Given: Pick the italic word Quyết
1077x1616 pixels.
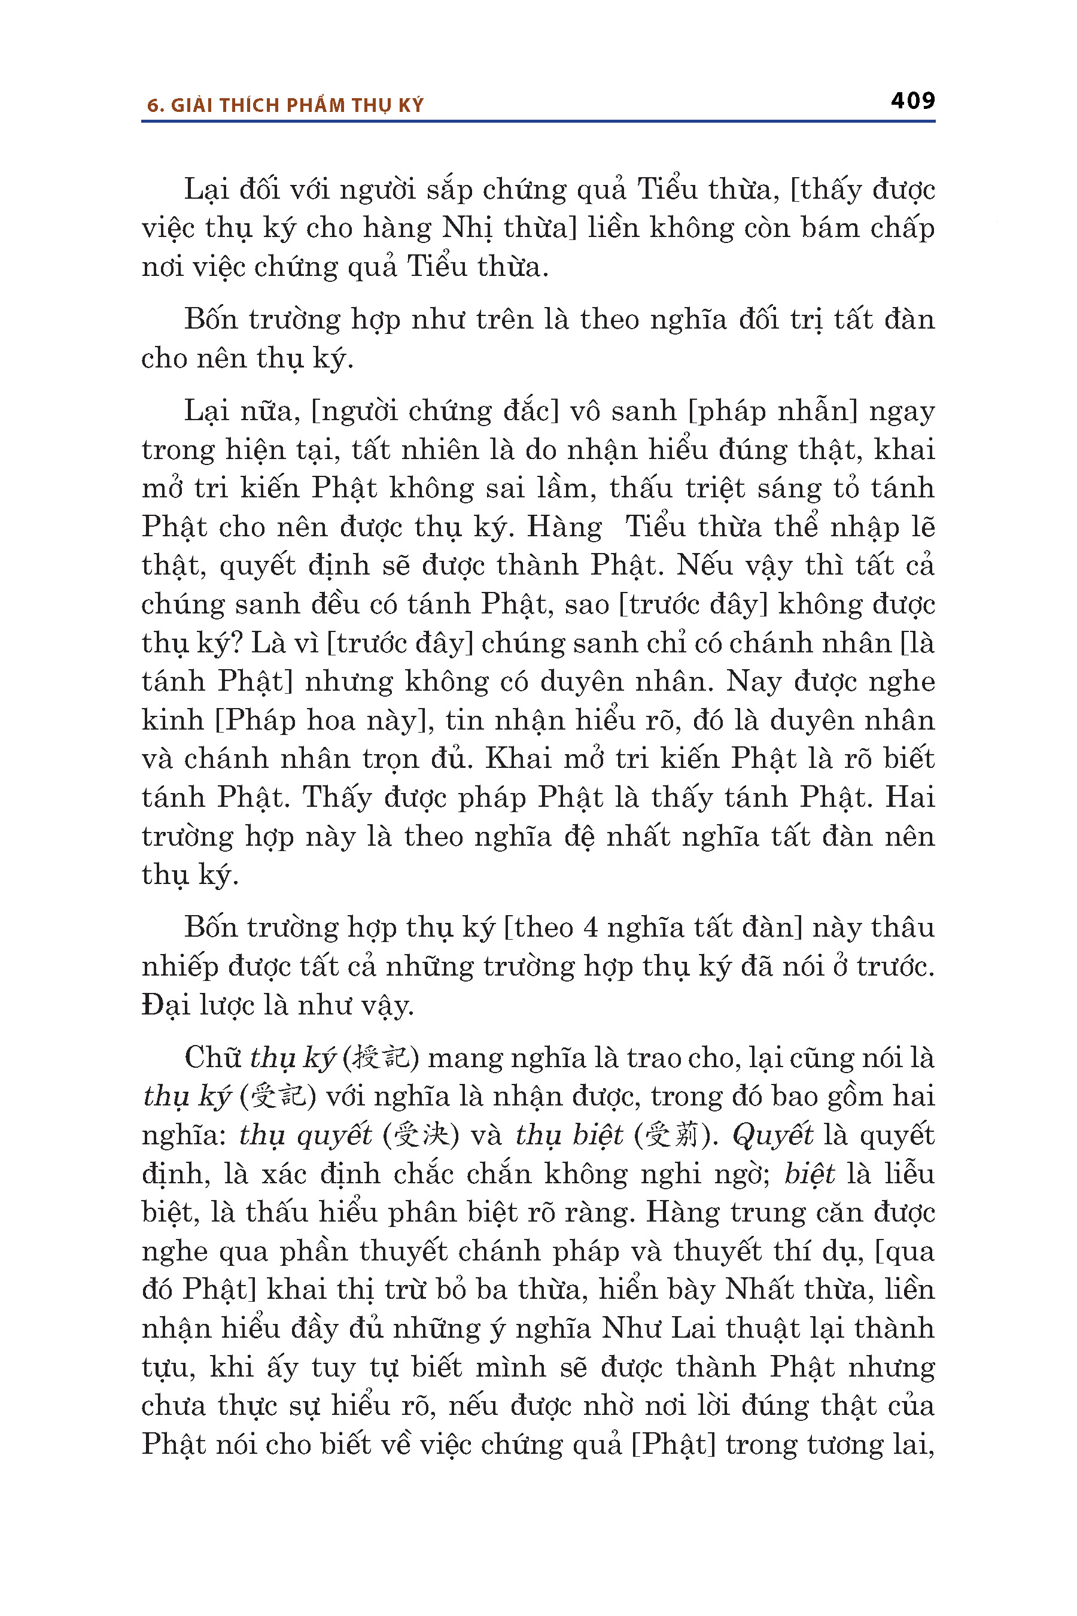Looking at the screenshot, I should (x=772, y=1135).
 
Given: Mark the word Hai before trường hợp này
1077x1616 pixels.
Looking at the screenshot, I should (x=909, y=798).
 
